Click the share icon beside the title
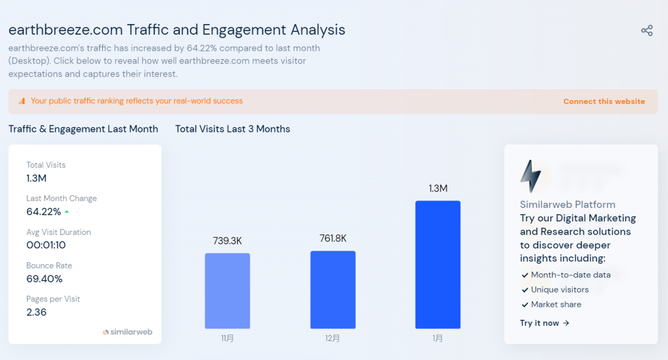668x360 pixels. coord(647,31)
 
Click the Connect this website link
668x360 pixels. coord(604,101)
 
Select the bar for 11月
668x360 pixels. coord(228,291)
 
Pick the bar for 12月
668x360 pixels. coord(333,289)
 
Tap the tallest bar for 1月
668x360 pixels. coord(438,265)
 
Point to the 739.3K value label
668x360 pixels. coord(228,241)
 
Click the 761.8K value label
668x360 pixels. coord(333,238)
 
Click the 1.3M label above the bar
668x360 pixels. coord(438,189)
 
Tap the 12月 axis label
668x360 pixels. coord(333,338)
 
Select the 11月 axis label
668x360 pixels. coord(228,338)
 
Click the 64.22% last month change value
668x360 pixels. coord(43,212)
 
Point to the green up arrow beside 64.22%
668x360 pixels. coord(67,212)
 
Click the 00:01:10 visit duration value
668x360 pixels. coord(46,245)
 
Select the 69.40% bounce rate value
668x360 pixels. coord(45,278)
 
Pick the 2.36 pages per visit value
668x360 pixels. coord(36,312)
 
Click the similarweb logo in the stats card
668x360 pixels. coord(127,332)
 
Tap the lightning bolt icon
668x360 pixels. coord(530,176)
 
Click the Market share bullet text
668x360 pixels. coord(555,304)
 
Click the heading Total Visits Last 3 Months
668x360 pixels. coord(233,129)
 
